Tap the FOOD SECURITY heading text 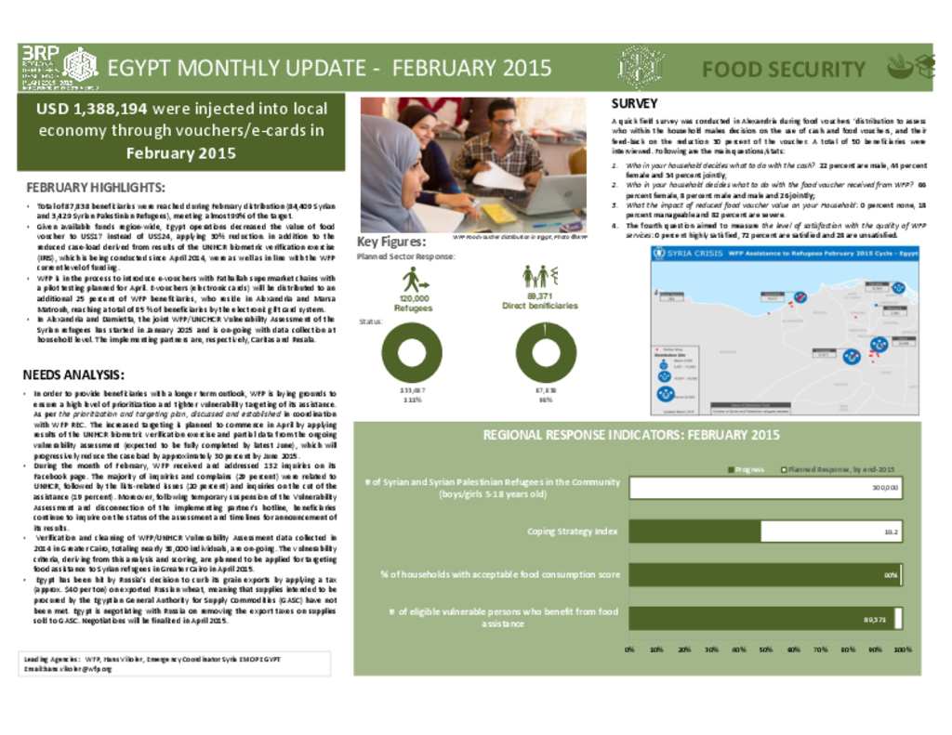(783, 70)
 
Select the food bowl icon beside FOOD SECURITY (899, 67)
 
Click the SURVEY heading (634, 103)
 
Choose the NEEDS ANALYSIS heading (73, 375)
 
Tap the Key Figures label (391, 243)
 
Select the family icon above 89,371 (539, 276)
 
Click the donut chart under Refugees (412, 352)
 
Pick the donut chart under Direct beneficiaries (546, 352)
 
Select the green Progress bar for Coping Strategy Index (694, 531)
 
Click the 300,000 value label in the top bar (884, 488)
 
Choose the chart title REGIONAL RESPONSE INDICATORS (631, 435)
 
